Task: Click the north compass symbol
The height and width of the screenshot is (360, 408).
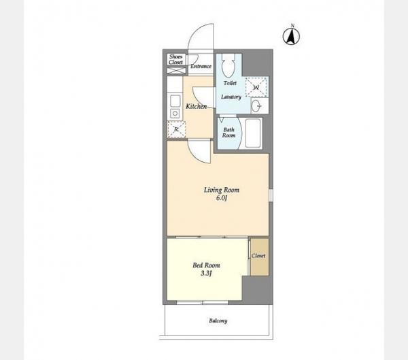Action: pyautogui.click(x=291, y=36)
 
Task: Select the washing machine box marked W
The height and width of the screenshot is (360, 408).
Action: pyautogui.click(x=256, y=87)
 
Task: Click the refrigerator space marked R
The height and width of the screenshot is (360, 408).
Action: pyautogui.click(x=176, y=129)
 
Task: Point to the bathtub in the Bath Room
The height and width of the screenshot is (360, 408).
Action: pyautogui.click(x=253, y=133)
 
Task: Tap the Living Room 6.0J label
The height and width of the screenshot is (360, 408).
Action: pyautogui.click(x=222, y=194)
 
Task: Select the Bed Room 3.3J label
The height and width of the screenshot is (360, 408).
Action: pyautogui.click(x=206, y=269)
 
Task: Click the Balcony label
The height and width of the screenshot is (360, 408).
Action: pyautogui.click(x=218, y=321)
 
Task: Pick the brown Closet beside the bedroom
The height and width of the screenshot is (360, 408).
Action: pyautogui.click(x=260, y=257)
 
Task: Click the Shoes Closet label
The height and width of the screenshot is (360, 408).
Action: pyautogui.click(x=176, y=59)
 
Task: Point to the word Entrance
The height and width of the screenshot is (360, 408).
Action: pyautogui.click(x=201, y=66)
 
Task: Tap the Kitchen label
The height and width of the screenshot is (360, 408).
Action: pyautogui.click(x=197, y=106)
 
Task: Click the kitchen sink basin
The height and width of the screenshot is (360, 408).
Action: pyautogui.click(x=175, y=101)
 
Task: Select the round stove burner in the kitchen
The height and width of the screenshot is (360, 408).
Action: pyautogui.click(x=175, y=114)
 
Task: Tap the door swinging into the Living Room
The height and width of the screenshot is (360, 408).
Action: pyautogui.click(x=200, y=152)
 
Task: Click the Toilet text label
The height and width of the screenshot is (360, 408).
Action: pyautogui.click(x=230, y=83)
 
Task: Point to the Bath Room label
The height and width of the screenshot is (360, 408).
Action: pyautogui.click(x=228, y=132)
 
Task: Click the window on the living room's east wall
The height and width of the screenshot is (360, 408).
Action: pyautogui.click(x=271, y=195)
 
